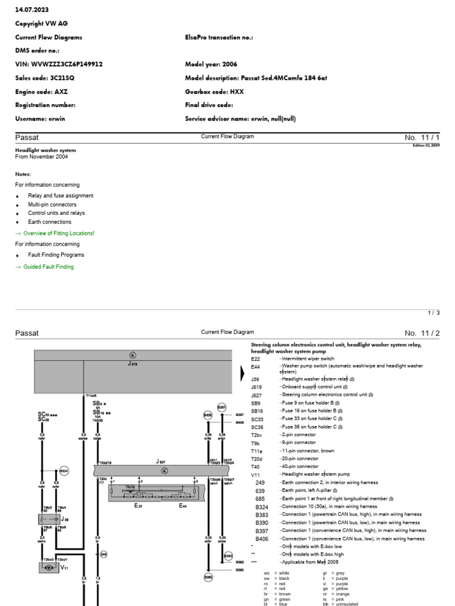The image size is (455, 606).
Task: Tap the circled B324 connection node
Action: click(x=64, y=471)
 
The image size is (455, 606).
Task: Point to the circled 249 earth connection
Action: click(x=104, y=555)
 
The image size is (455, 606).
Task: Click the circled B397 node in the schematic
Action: click(x=222, y=408)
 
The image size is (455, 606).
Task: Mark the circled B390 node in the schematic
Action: click(x=208, y=577)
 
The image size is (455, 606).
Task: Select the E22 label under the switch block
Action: click(x=139, y=507)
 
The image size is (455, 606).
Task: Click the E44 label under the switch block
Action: click(x=184, y=507)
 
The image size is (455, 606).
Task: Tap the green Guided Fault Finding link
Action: click(x=48, y=267)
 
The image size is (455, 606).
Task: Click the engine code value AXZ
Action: click(x=60, y=92)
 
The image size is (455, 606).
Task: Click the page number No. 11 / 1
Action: click(x=422, y=137)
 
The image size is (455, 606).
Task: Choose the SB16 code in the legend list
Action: click(x=257, y=410)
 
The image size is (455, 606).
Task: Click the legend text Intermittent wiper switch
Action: click(x=308, y=359)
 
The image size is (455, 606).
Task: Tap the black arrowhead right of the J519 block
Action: click(x=242, y=373)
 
